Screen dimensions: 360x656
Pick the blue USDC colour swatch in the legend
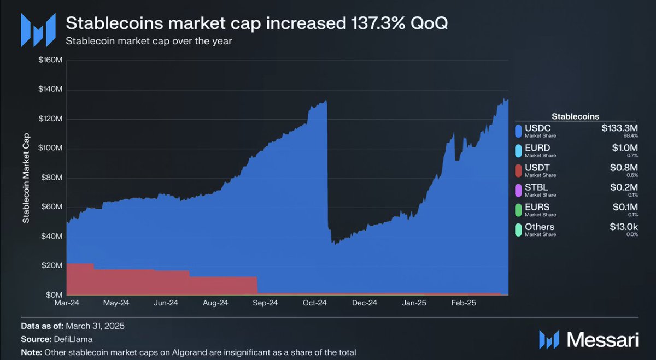[x=518, y=131]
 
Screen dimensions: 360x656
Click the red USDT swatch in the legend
[x=518, y=170]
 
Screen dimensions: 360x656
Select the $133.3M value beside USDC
[x=620, y=128]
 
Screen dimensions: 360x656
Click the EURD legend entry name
[x=537, y=147]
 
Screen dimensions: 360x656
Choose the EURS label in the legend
[x=537, y=207]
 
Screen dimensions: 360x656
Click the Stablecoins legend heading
[x=575, y=116]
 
